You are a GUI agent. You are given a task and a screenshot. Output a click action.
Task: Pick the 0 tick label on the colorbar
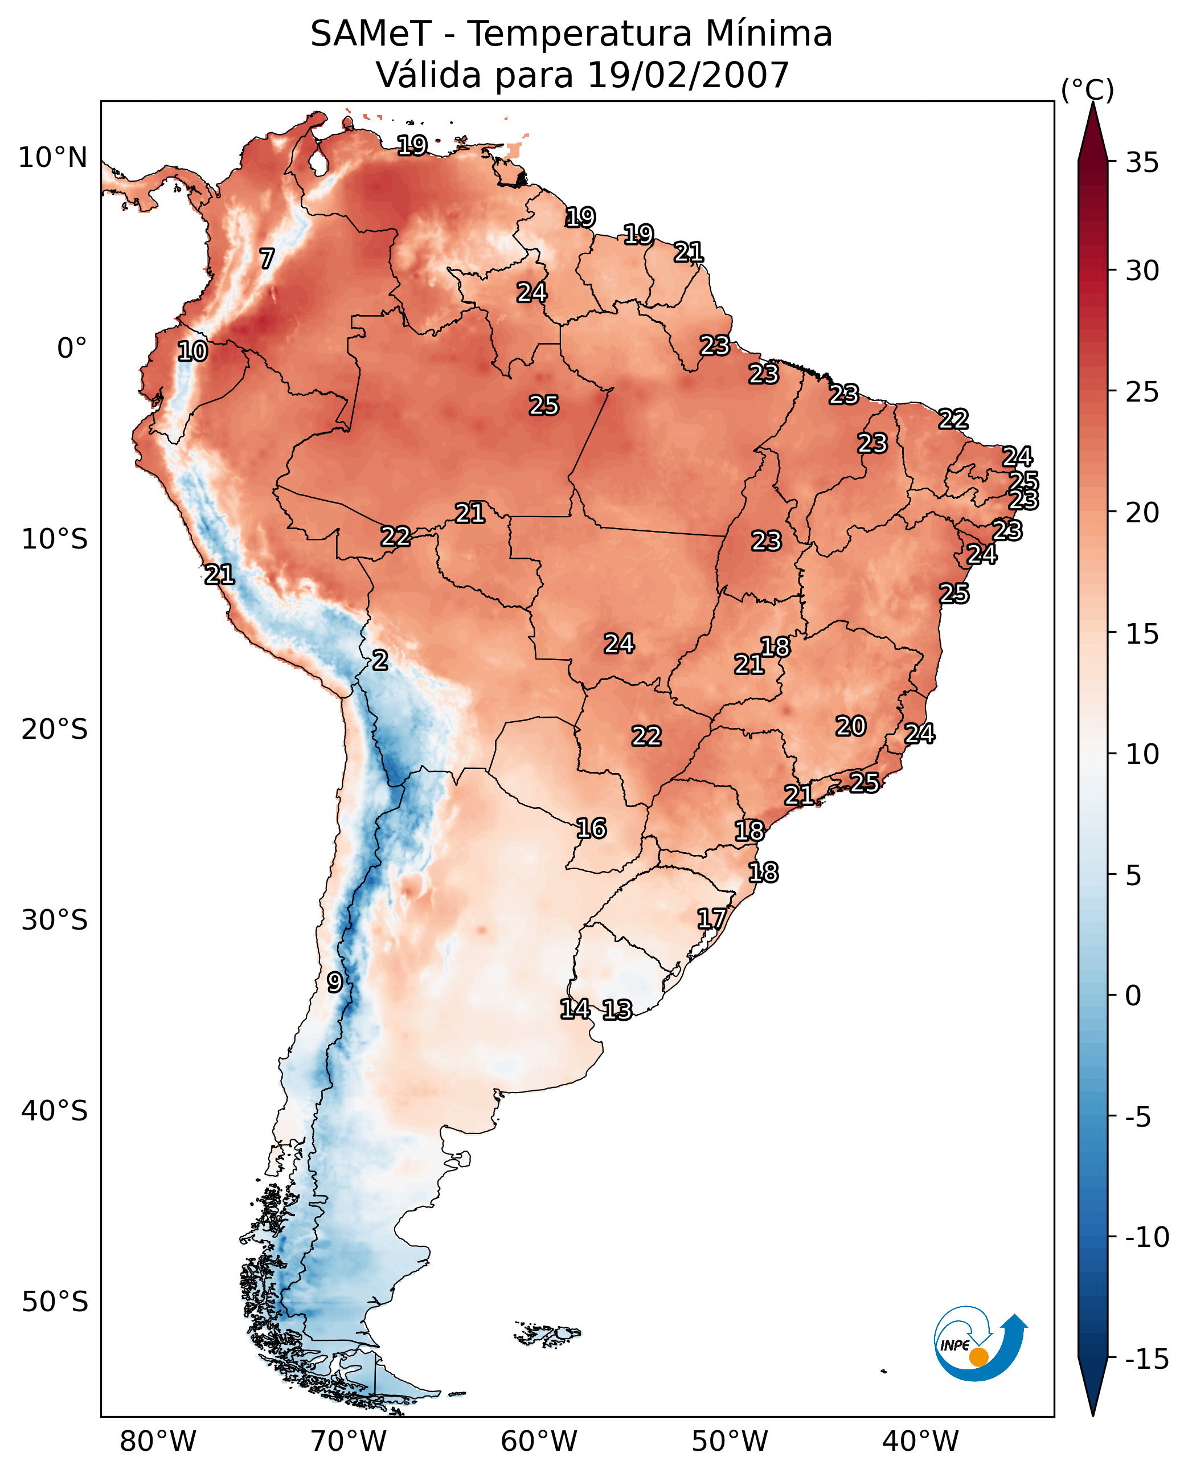tap(1133, 996)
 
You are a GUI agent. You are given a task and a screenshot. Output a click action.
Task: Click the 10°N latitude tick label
tap(53, 158)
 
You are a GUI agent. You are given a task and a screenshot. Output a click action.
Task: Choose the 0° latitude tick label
tap(72, 349)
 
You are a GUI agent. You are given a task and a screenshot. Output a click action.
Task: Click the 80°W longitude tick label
tap(158, 1442)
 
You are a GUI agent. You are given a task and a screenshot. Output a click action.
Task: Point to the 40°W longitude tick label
tap(920, 1442)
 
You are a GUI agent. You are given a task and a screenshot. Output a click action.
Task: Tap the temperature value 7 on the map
tap(267, 259)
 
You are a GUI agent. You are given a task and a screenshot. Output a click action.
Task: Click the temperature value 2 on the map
tap(380, 661)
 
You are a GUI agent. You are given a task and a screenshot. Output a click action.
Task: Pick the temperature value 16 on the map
tap(591, 829)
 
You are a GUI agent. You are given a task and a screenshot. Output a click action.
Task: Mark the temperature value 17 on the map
tap(712, 919)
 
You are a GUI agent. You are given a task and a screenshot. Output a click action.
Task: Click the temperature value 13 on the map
tap(617, 1009)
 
